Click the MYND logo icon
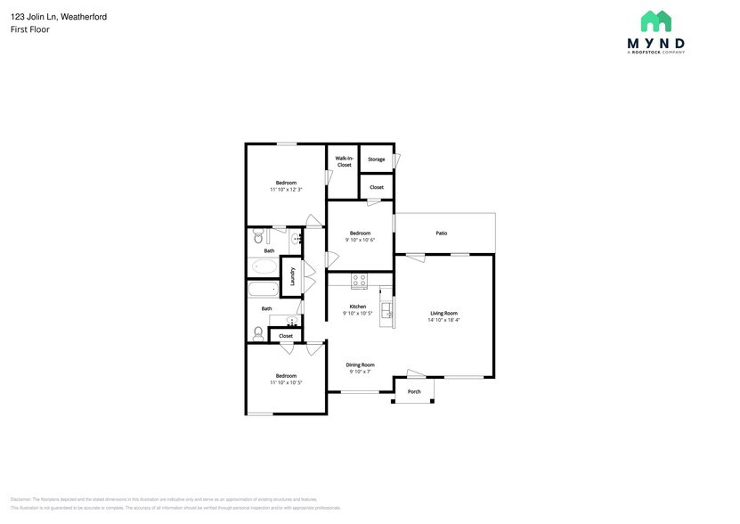click(x=656, y=21)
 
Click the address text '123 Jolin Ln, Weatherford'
click(x=59, y=16)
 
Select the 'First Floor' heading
click(x=30, y=29)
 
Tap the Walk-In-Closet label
click(x=344, y=161)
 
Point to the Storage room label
click(x=377, y=160)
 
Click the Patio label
click(x=441, y=233)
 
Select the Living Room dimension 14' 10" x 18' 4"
click(x=443, y=320)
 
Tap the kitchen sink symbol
click(x=387, y=309)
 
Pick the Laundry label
click(x=291, y=276)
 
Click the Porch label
click(x=414, y=391)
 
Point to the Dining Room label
click(x=361, y=364)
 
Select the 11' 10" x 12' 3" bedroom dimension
click(x=286, y=190)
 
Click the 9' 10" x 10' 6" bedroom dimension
click(x=360, y=240)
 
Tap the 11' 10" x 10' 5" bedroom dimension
click(x=286, y=382)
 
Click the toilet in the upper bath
click(x=258, y=238)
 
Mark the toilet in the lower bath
click(x=258, y=333)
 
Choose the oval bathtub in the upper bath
click(x=264, y=266)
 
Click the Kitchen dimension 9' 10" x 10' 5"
click(x=358, y=313)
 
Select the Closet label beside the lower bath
click(x=286, y=336)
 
